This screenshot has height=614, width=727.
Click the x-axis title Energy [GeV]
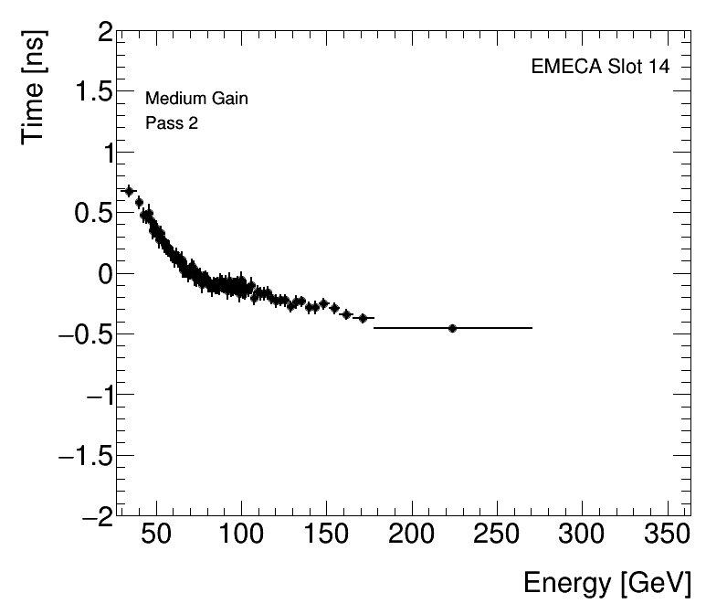tap(606, 583)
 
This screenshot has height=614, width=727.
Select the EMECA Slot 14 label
tap(599, 68)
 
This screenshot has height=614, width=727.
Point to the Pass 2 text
tap(172, 123)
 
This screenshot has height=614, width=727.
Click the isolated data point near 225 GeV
tap(452, 328)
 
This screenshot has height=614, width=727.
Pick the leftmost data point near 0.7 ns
tap(129, 191)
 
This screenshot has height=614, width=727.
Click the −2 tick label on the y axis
tap(95, 515)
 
